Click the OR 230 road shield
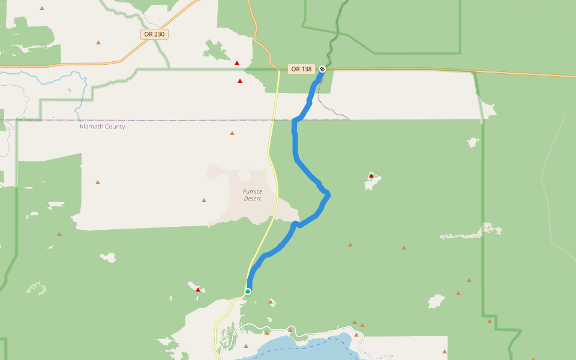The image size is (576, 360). (154, 34)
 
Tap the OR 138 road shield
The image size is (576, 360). (301, 69)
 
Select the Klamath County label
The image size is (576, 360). (103, 127)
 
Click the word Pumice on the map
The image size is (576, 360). (252, 191)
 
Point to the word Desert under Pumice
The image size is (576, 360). (253, 199)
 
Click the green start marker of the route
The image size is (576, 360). (247, 292)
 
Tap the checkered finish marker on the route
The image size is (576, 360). (322, 69)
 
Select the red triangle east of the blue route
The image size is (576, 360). (371, 176)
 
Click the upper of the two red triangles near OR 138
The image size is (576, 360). (237, 63)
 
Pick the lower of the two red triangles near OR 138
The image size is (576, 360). (240, 81)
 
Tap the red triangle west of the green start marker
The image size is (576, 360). (198, 290)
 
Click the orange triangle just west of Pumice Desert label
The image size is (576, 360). (204, 200)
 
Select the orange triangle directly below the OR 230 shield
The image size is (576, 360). (98, 43)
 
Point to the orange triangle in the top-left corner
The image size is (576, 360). (42, 8)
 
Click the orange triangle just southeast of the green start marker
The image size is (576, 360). (271, 302)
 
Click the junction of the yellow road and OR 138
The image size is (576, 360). (280, 70)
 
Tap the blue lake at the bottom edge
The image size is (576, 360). (300, 348)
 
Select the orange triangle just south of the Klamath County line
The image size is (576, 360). (232, 133)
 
